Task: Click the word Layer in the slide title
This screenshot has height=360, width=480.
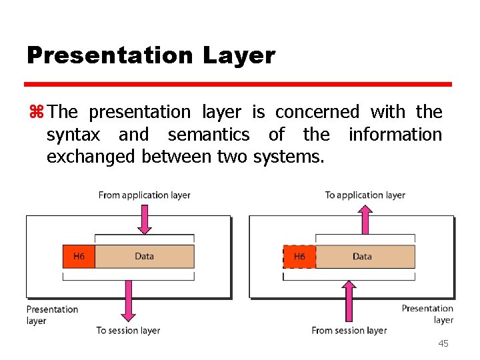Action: coord(243,55)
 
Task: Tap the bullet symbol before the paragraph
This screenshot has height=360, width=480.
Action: coord(35,112)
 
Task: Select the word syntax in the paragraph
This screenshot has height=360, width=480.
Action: coord(73,135)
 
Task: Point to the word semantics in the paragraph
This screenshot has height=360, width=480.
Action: coord(209,135)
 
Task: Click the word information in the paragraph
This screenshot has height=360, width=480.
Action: coord(395,135)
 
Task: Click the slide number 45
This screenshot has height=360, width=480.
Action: coord(443,343)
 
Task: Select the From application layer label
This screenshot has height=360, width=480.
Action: coord(144,195)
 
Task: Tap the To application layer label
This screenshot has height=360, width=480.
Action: coord(365,195)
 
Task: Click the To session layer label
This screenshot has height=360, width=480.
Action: coord(128,330)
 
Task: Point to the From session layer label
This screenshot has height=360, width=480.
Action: coord(349,330)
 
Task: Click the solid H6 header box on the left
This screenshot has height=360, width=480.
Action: coord(79,257)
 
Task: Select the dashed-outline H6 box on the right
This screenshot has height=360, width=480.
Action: coord(299,257)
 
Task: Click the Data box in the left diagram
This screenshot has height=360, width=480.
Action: coord(145,257)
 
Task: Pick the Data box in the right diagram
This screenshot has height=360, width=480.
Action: coord(363,257)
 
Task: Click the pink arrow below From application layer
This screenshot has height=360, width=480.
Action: coord(145,219)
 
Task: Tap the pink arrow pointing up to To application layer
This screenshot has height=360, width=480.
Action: coord(365,218)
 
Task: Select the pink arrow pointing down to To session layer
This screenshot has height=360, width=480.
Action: coord(129,302)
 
